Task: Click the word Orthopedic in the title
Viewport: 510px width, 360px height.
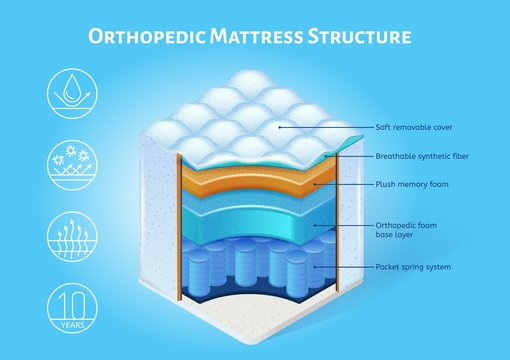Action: [150, 38]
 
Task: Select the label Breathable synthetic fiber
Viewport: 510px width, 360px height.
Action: [422, 157]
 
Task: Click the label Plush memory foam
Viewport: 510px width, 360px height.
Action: [411, 185]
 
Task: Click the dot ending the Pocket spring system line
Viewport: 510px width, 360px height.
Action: [316, 268]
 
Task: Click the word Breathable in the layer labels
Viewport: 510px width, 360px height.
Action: [396, 157]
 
